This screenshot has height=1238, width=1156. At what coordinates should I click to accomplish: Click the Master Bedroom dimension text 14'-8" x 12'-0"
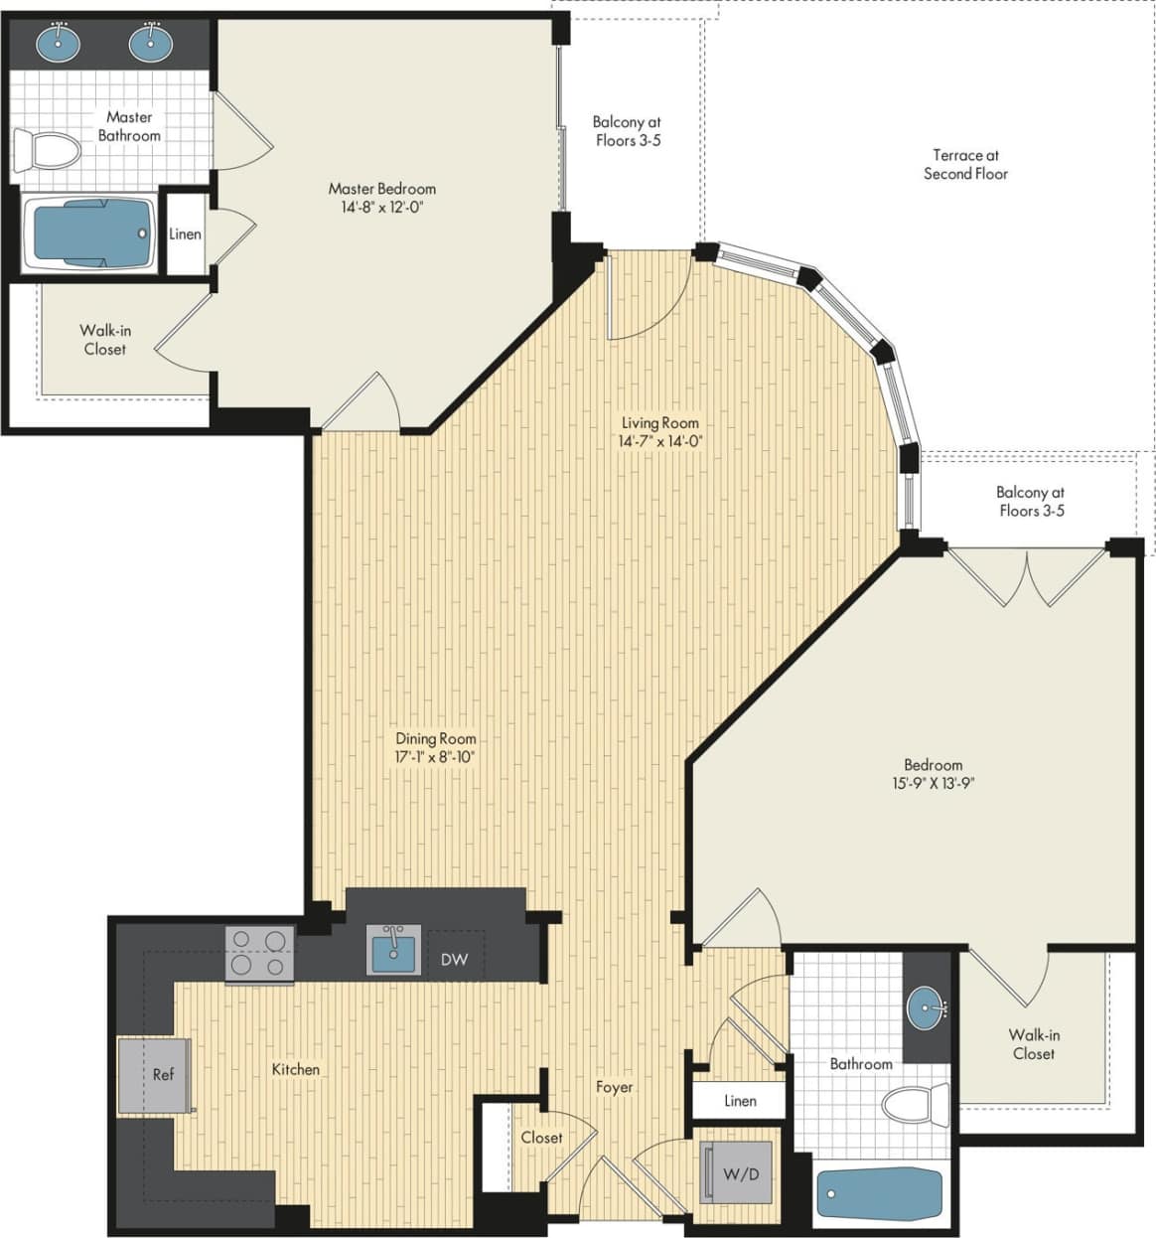click(382, 208)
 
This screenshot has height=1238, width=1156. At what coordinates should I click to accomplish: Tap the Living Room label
click(659, 422)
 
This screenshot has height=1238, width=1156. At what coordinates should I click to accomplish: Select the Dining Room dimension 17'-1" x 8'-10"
click(435, 757)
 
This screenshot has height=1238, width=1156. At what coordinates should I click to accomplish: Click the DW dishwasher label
click(454, 960)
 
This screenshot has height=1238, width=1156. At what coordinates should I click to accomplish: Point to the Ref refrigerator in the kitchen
click(155, 1075)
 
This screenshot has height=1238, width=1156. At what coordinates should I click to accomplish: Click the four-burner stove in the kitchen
click(259, 954)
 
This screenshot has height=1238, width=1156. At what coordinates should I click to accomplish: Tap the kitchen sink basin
click(393, 952)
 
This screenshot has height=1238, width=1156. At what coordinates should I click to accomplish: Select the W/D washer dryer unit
click(737, 1173)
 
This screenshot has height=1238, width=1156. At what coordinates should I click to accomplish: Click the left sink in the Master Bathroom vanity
click(59, 42)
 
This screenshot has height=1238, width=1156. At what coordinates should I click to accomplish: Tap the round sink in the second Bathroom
click(926, 1008)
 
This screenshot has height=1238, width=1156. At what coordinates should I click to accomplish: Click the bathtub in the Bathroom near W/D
click(879, 1194)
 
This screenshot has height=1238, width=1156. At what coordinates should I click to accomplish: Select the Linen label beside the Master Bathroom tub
click(185, 234)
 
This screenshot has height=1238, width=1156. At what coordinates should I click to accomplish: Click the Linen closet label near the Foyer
click(740, 1101)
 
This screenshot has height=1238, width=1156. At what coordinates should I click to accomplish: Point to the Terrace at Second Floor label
click(965, 164)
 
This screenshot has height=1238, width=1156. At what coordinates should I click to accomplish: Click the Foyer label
click(614, 1087)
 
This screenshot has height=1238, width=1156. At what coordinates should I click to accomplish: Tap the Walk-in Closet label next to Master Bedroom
click(104, 340)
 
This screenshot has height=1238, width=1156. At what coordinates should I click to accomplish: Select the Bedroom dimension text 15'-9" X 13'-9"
click(933, 783)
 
